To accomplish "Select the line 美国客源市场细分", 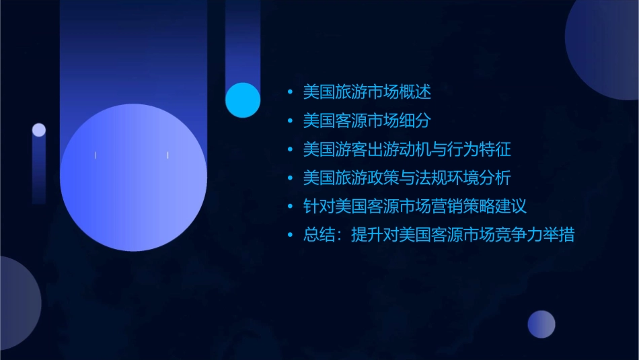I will click(367, 121).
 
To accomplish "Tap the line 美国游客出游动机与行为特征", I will click(407, 149).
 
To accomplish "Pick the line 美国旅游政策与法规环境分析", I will click(407, 178).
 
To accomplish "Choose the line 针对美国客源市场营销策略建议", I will click(414, 207).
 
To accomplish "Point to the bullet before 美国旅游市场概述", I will click(290, 92).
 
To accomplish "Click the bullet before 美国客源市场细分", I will click(290, 121).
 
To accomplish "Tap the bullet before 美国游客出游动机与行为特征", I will click(290, 149).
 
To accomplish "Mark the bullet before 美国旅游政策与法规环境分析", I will click(290, 178).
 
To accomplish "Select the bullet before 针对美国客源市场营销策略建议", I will click(290, 207).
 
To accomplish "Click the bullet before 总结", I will click(290, 236).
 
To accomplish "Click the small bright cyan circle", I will click(243, 100).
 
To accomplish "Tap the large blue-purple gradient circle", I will click(133, 178).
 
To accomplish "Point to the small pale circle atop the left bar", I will click(39, 130).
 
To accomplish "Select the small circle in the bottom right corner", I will click(541, 324).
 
